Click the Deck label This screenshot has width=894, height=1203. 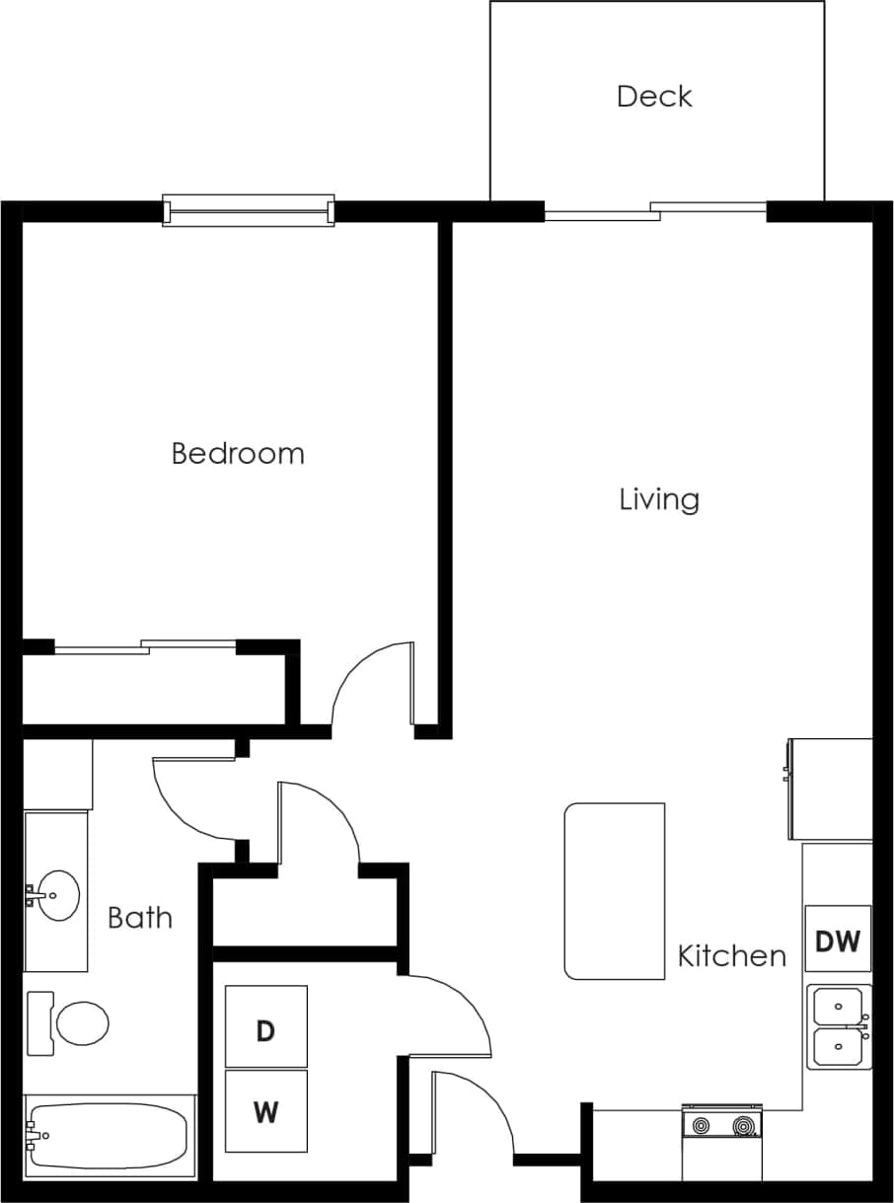tap(654, 96)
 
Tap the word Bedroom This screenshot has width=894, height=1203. tap(238, 454)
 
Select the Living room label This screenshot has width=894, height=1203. tap(659, 499)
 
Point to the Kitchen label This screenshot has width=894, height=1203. tap(732, 955)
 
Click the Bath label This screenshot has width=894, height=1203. tap(140, 918)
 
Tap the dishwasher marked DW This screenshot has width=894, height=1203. tap(838, 940)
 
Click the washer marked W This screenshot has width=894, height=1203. tap(265, 1111)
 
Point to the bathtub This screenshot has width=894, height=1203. tap(109, 1136)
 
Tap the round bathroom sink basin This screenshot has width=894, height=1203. tap(58, 895)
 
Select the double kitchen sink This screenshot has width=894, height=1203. tap(839, 1026)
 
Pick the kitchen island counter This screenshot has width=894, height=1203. tap(615, 890)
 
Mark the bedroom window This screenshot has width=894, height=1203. tap(249, 210)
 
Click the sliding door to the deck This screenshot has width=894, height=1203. tap(655, 210)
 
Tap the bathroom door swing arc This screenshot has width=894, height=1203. tap(187, 799)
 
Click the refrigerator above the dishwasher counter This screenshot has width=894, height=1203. tap(830, 789)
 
